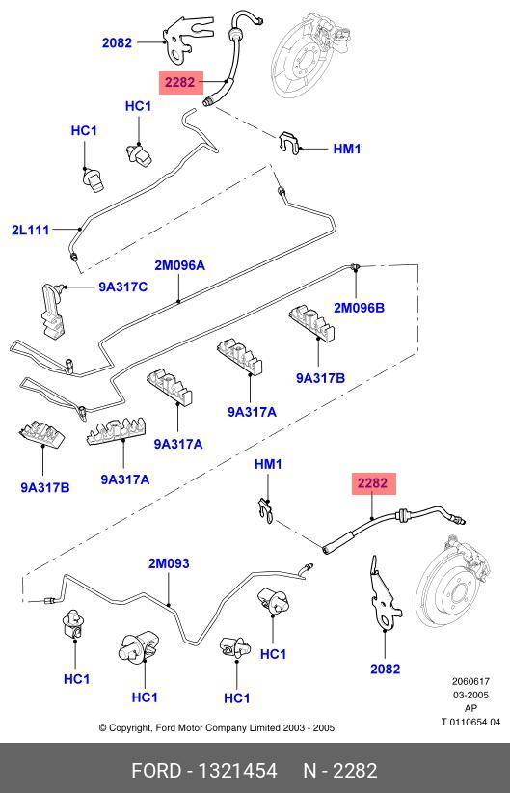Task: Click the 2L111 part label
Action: coord(31,231)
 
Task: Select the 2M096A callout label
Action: coord(179,265)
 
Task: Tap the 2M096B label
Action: coord(359,308)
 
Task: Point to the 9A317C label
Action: coord(122,287)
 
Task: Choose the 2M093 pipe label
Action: coord(169,563)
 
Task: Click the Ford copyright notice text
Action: coord(216,728)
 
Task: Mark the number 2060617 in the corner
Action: coord(470,681)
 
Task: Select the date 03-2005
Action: coord(470,695)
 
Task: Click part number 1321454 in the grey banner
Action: coord(237,771)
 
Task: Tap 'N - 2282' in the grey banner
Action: coord(340,771)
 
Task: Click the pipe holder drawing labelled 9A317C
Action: coord(53,310)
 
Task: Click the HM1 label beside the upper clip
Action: coord(347,150)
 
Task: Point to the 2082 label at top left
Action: coord(117,43)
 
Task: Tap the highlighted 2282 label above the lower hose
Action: coord(372,483)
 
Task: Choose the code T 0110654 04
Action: coord(470,722)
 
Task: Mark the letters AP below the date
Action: coord(470,708)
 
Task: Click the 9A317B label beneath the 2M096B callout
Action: coord(320,378)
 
